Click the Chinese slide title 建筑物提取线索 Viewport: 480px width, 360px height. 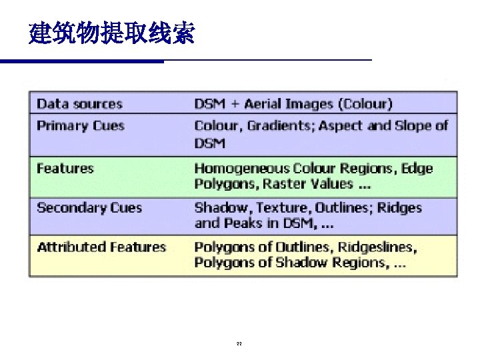point(112,33)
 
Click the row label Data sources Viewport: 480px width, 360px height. point(79,104)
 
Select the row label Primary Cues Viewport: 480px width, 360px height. point(81,126)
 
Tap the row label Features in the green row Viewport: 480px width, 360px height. point(65,169)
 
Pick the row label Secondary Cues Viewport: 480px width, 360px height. point(89,207)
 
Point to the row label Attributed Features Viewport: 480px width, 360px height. point(101,247)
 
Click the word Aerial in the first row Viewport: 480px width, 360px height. point(266,104)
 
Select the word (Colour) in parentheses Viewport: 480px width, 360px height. point(365,104)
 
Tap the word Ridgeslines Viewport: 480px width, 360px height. point(377,247)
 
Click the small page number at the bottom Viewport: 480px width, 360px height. point(239,345)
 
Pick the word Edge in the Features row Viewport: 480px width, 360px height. point(417,169)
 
